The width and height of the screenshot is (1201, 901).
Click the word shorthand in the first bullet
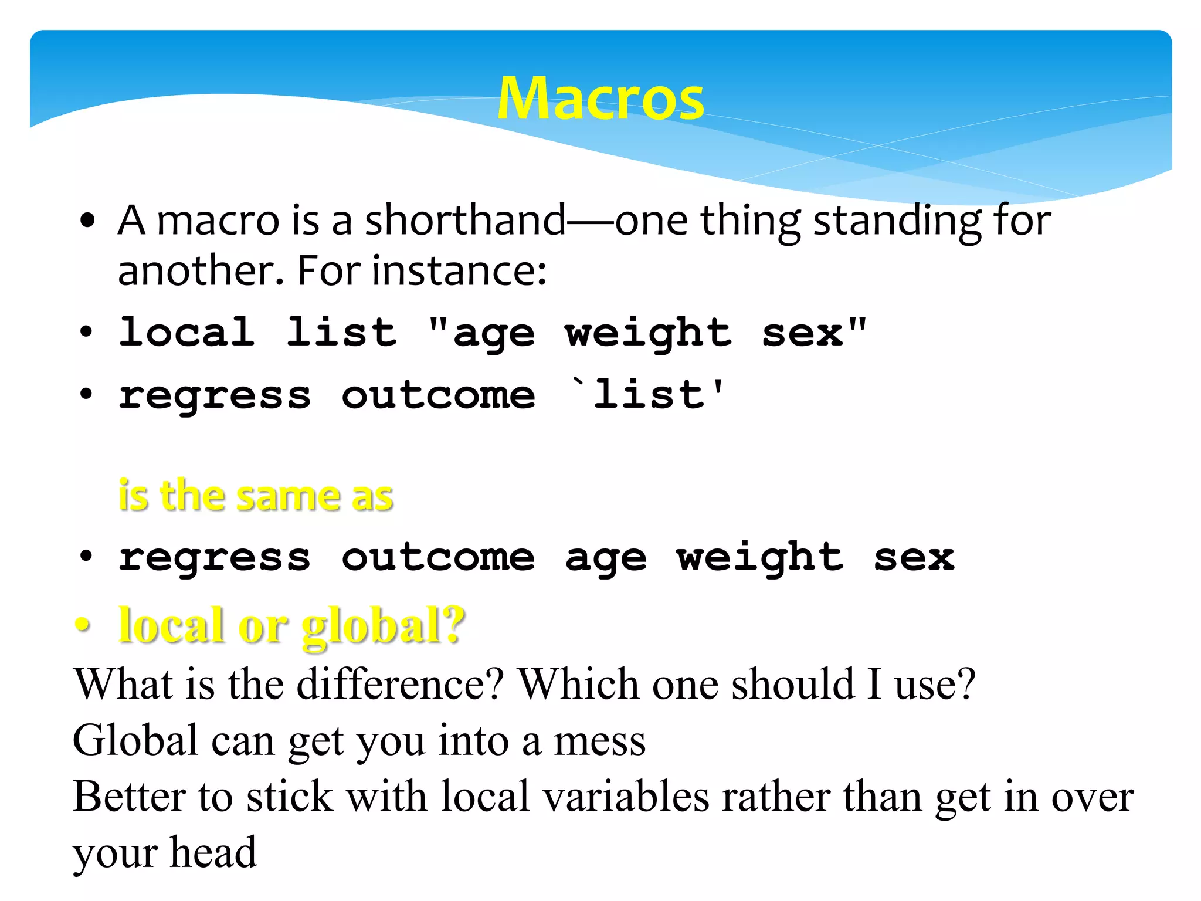pos(466,221)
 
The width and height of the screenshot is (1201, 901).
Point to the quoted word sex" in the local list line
pos(814,332)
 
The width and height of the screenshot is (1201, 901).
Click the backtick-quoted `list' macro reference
pos(648,394)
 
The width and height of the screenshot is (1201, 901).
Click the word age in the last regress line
pos(606,558)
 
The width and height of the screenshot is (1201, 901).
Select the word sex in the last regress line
pos(914,557)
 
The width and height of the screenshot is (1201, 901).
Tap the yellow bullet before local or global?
pos(83,626)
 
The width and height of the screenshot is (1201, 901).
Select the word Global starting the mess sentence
pos(135,740)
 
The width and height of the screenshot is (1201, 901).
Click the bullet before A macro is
pos(87,222)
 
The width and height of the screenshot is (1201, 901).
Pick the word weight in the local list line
pos(649,333)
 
